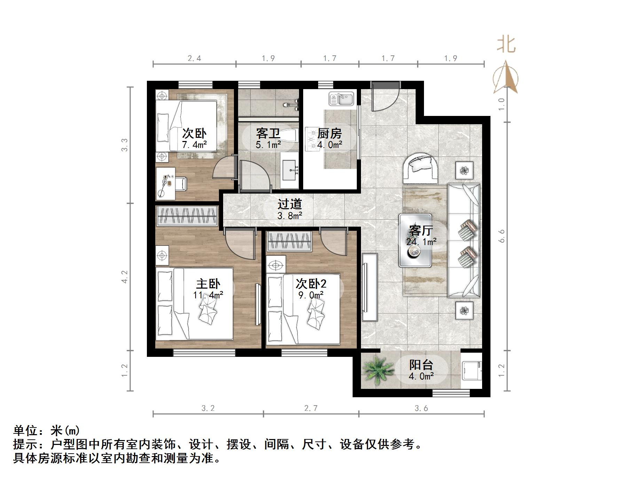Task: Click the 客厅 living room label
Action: pyautogui.click(x=421, y=230)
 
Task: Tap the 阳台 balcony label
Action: pyautogui.click(x=421, y=365)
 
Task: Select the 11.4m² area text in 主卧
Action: pyautogui.click(x=208, y=295)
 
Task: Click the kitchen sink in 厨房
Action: pyautogui.click(x=341, y=99)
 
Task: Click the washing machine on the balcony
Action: pyautogui.click(x=471, y=370)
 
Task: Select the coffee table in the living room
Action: pyautogui.click(x=415, y=241)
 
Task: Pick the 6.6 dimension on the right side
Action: pyautogui.click(x=502, y=236)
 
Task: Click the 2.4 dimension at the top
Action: pyautogui.click(x=194, y=58)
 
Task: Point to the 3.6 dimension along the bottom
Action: pyautogui.click(x=421, y=408)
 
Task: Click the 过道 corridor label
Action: pyautogui.click(x=290, y=204)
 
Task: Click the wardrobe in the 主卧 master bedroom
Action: pyautogui.click(x=187, y=216)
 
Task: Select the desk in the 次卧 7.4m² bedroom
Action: pyautogui.click(x=165, y=183)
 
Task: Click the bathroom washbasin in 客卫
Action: pyautogui.click(x=290, y=170)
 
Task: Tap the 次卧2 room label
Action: pyautogui.click(x=311, y=284)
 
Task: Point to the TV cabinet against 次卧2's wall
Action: pyautogui.click(x=369, y=287)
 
